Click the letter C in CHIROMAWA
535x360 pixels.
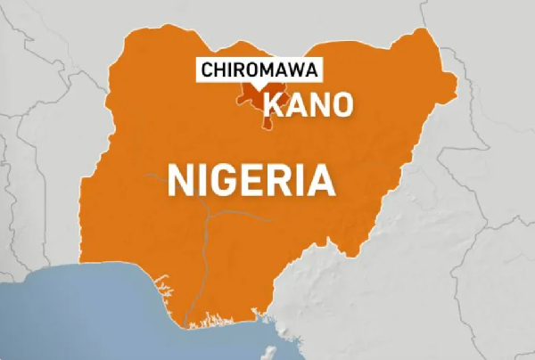(x=208, y=70)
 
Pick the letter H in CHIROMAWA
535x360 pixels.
(x=218, y=70)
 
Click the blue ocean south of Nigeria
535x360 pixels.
(x=89, y=312)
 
